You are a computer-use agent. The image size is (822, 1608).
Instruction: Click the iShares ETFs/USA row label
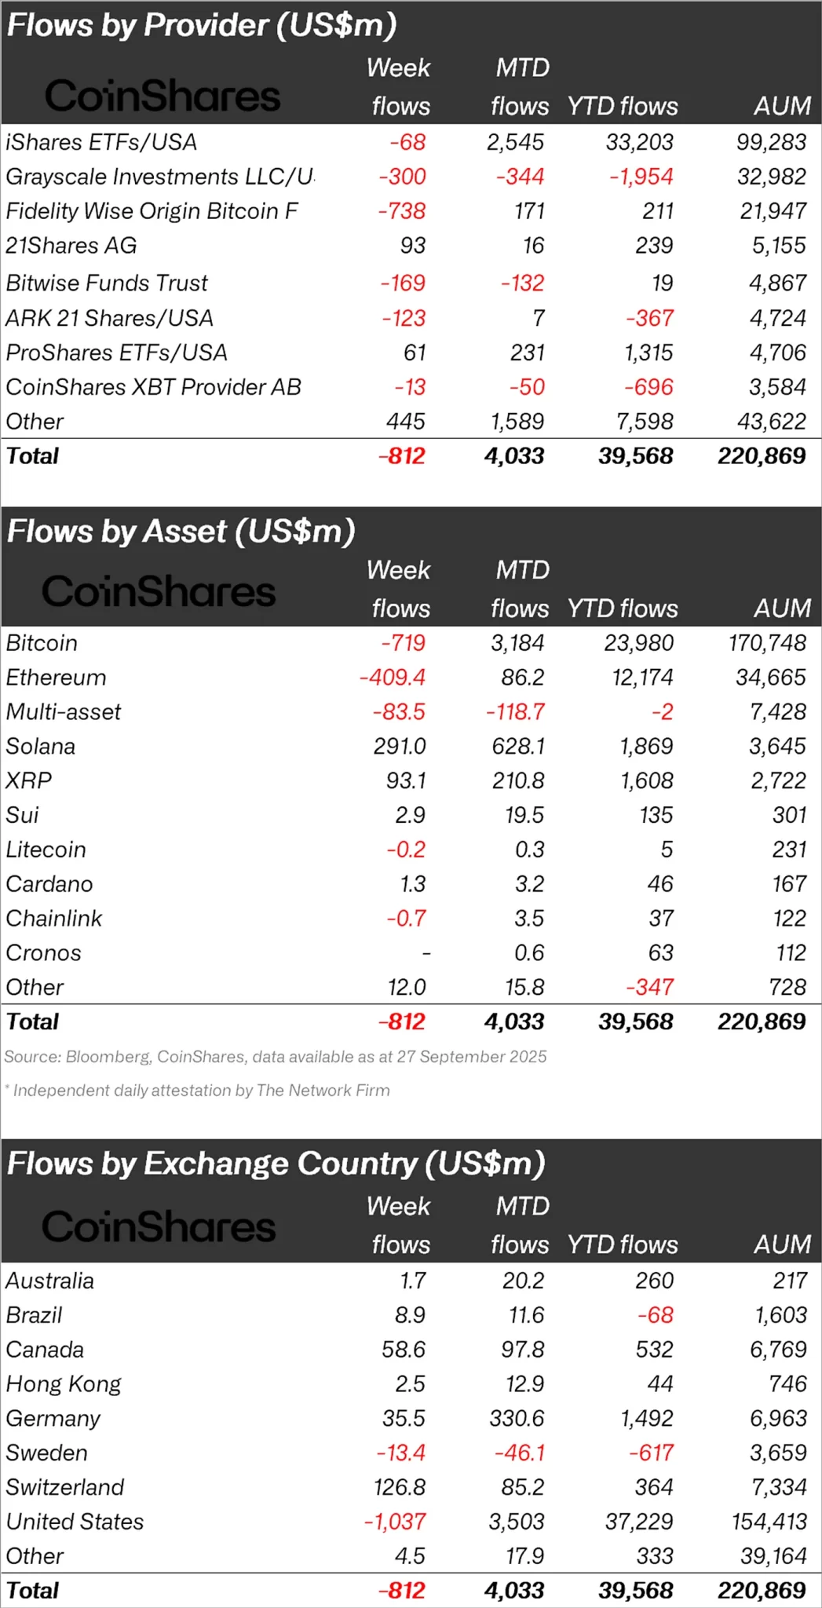(x=101, y=142)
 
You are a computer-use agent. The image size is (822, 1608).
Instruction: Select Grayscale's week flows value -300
(x=402, y=177)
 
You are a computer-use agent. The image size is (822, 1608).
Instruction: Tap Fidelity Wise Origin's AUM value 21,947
(x=773, y=211)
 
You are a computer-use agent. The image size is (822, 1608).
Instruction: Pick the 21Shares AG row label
(x=71, y=246)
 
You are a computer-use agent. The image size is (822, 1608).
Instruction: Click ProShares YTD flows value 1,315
(x=648, y=353)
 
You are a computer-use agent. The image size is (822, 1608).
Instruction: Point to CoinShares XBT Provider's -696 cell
(x=648, y=387)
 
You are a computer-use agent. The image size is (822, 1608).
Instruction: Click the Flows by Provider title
(x=202, y=25)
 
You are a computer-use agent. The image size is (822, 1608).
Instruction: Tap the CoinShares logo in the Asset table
(x=159, y=591)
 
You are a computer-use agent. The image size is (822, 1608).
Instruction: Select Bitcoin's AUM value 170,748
(x=767, y=643)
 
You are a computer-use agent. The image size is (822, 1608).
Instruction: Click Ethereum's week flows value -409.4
(x=393, y=678)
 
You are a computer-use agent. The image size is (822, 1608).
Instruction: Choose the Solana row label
(x=41, y=746)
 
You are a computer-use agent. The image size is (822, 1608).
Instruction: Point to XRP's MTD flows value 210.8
(x=518, y=780)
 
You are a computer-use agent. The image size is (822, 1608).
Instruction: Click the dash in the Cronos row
(x=426, y=953)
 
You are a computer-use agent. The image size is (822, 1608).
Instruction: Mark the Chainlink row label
(x=54, y=919)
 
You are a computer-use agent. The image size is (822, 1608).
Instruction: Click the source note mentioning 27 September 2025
(x=276, y=1057)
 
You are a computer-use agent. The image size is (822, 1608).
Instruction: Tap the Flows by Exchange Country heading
(x=276, y=1164)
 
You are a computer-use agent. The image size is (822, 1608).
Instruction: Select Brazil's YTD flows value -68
(x=656, y=1315)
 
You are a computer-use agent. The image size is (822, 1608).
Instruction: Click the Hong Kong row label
(x=64, y=1384)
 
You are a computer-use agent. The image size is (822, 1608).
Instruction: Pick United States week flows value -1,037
(x=395, y=1522)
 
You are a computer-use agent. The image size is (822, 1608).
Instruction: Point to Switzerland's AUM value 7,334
(x=778, y=1487)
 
